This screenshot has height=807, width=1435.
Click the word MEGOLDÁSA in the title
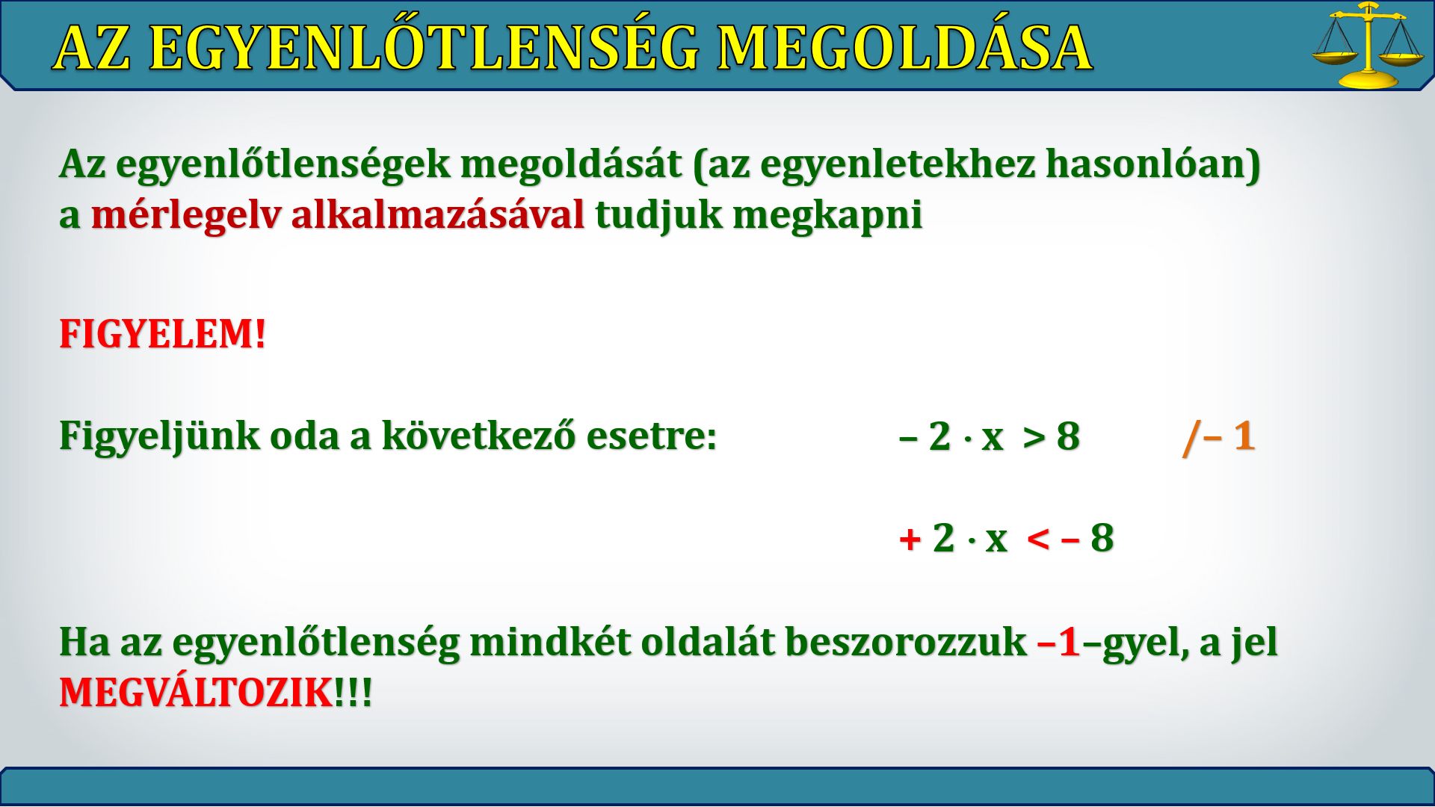(904, 49)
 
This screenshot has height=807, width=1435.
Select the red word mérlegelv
(186, 216)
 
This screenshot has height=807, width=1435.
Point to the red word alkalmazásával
(438, 215)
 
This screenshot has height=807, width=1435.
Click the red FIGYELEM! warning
(163, 333)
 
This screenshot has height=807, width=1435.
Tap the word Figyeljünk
(159, 436)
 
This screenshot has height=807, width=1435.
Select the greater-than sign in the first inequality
(1034, 438)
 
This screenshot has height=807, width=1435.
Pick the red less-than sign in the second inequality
(1038, 538)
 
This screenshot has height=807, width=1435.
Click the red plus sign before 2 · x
(910, 538)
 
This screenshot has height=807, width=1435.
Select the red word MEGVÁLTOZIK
(197, 693)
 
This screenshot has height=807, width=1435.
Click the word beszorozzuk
(906, 642)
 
